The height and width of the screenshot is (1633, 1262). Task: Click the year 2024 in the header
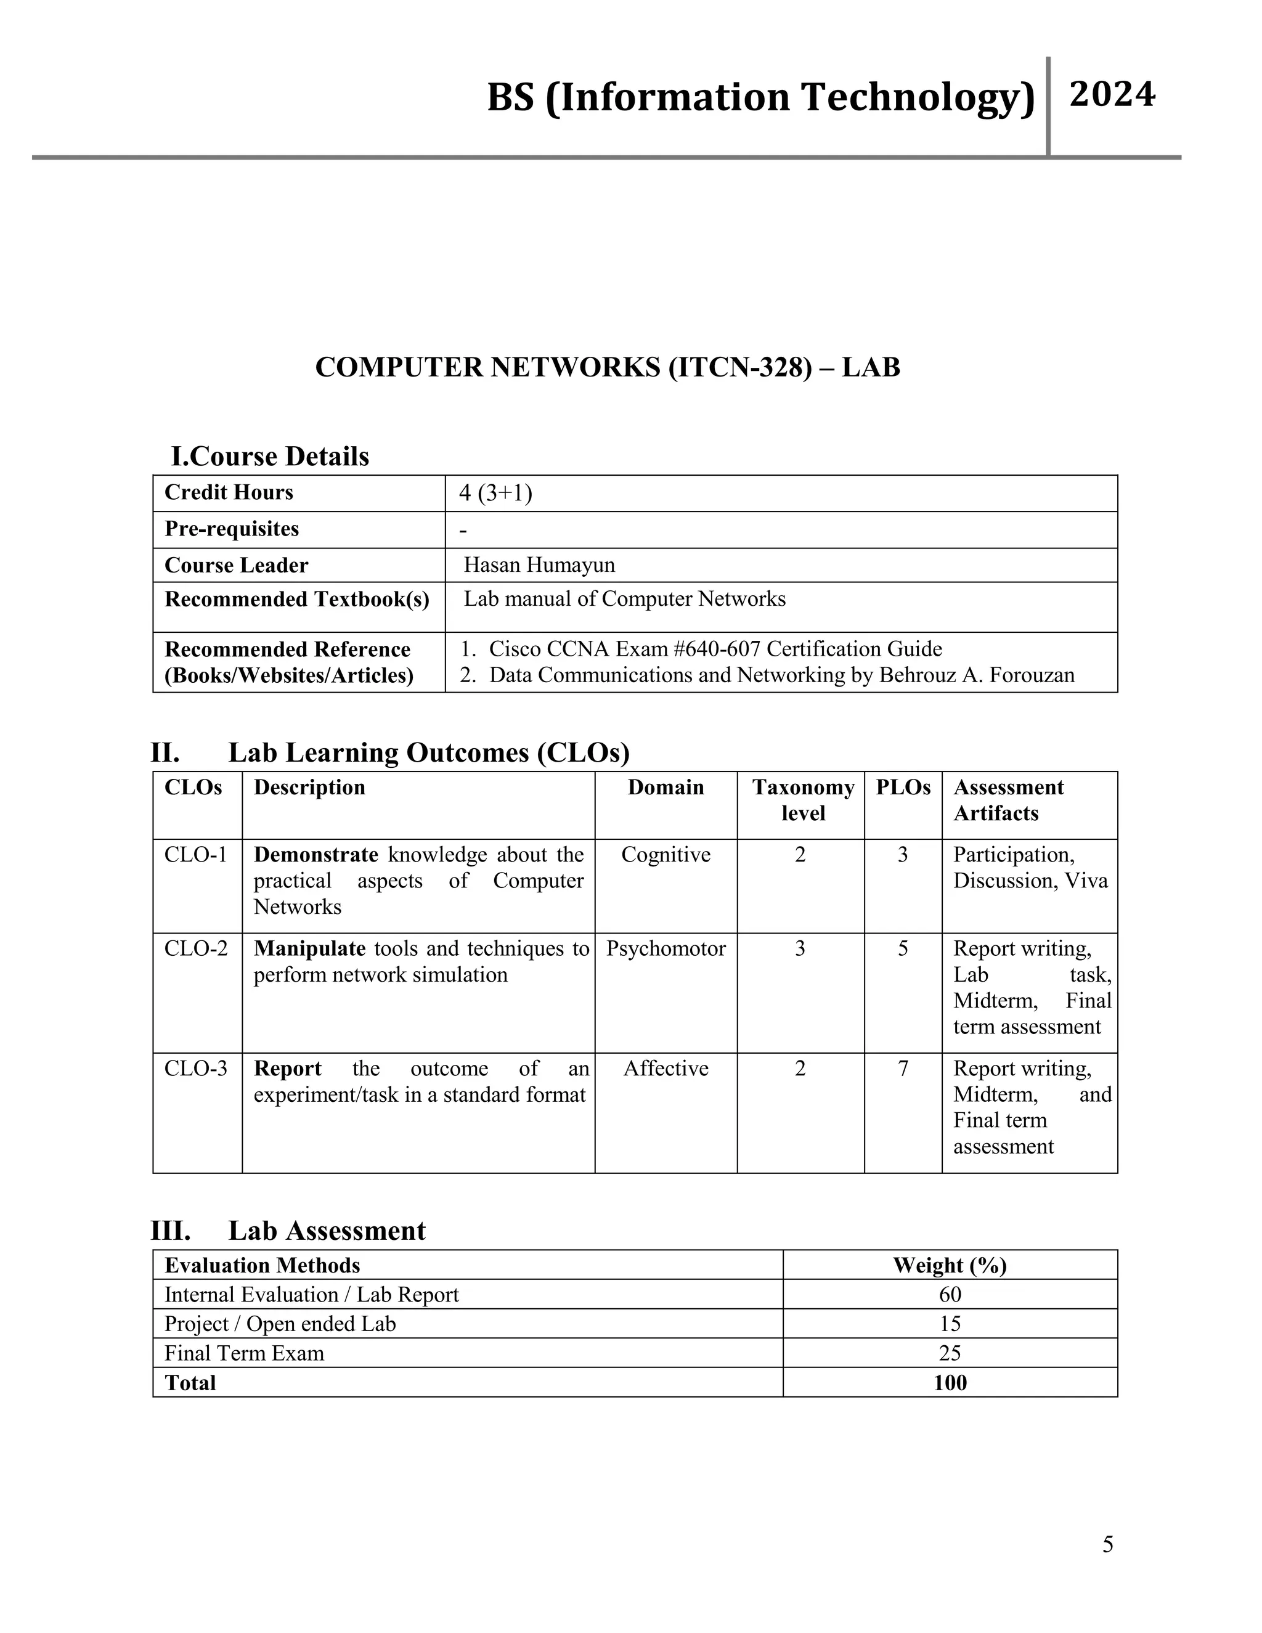[1112, 95]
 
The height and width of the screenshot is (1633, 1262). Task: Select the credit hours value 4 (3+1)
[495, 493]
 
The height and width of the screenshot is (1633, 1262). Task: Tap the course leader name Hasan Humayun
[539, 564]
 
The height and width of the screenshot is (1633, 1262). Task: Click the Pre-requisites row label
[232, 529]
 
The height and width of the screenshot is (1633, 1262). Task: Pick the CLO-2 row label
[196, 949]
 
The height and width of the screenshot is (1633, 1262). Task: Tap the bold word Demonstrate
[315, 855]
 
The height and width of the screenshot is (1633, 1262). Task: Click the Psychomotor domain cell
[666, 949]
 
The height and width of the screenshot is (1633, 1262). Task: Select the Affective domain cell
[666, 1069]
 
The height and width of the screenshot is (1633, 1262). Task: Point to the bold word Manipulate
[309, 949]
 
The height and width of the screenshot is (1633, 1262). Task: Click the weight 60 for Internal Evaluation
[950, 1294]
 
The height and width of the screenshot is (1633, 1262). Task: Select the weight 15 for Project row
[950, 1324]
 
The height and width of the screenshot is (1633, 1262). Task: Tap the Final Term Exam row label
[245, 1353]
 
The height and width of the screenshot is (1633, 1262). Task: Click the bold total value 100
[950, 1383]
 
